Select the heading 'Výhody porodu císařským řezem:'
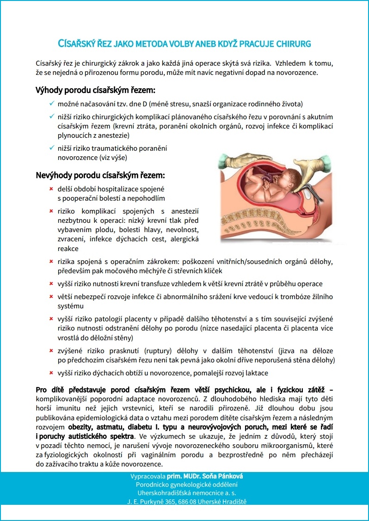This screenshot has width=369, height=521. click(95, 90)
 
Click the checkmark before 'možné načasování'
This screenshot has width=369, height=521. click(51, 104)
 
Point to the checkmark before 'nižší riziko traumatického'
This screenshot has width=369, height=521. click(51, 148)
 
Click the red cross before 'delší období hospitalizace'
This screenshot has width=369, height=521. click(51, 189)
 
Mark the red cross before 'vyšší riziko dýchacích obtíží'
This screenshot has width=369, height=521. click(51, 373)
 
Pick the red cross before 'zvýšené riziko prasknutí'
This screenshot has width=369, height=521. click(51, 351)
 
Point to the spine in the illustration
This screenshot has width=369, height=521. click(296, 231)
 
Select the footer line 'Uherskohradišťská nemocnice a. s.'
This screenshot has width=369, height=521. click(184, 493)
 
